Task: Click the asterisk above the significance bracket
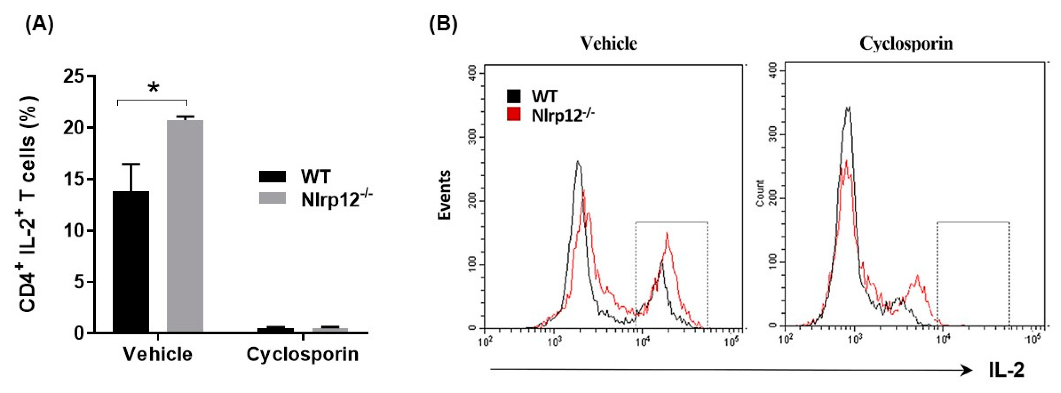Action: click(x=153, y=88)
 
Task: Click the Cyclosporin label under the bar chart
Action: click(x=303, y=355)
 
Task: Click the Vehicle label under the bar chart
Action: click(x=158, y=355)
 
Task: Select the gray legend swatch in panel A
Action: click(x=272, y=198)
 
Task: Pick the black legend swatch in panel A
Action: click(x=272, y=177)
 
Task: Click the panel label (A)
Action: click(x=39, y=25)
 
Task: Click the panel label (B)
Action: click(x=443, y=25)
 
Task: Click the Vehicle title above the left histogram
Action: click(x=609, y=43)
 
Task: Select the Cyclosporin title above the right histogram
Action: click(x=906, y=43)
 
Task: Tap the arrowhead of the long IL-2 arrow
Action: click(x=966, y=370)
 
